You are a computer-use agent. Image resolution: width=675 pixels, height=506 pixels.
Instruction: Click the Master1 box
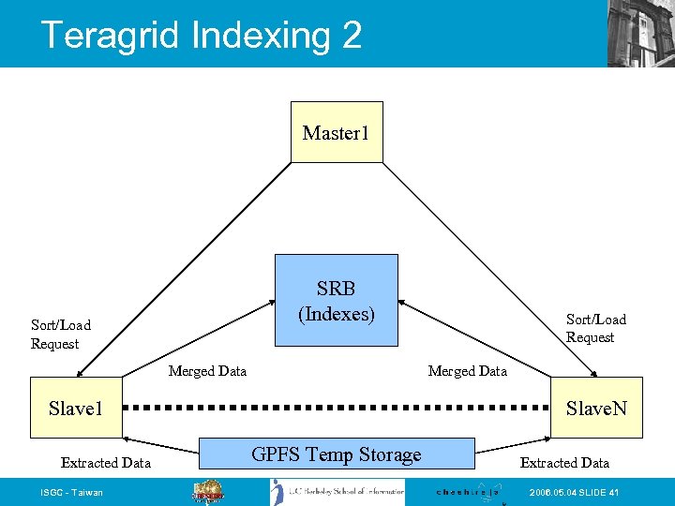click(337, 132)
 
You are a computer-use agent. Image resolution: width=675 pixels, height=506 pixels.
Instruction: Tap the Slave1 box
click(75, 408)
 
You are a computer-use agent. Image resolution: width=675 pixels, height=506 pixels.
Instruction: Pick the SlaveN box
click(596, 408)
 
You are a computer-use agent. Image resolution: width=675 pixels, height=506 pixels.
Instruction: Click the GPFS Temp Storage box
click(337, 454)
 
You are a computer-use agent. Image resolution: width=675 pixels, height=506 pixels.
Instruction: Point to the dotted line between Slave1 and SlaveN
click(336, 409)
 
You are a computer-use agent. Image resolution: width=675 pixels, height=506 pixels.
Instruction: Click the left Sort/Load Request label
click(61, 334)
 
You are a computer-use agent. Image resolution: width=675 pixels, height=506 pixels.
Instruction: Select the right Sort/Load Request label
click(595, 328)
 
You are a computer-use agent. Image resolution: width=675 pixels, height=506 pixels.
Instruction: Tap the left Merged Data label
click(207, 371)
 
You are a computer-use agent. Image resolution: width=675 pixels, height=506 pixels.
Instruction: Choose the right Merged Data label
click(467, 371)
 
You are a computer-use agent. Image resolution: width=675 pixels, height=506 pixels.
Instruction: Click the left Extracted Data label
click(105, 462)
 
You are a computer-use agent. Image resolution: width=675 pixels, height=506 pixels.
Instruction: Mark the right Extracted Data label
click(564, 462)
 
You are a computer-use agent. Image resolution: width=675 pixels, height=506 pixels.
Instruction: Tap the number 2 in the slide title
click(352, 36)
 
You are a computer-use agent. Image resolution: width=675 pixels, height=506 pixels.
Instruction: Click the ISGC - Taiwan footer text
click(72, 493)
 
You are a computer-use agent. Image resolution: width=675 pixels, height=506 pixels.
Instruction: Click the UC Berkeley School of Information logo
click(337, 492)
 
